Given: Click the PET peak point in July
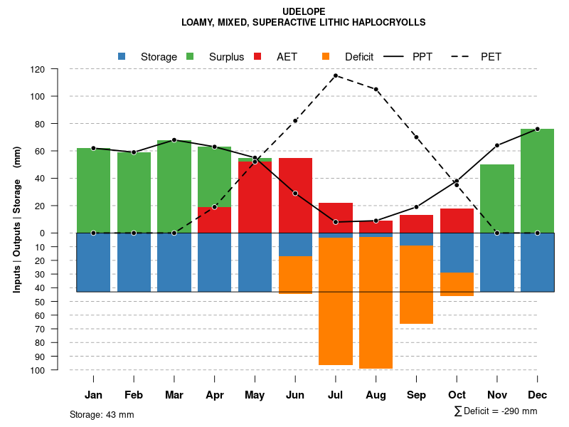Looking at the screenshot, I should pyautogui.click(x=336, y=75).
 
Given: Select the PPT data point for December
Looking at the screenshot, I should pyautogui.click(x=538, y=129).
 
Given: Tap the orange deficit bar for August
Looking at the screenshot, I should pyautogui.click(x=376, y=302).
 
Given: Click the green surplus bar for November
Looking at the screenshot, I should pyautogui.click(x=497, y=199).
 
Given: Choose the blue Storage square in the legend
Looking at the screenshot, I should pyautogui.click(x=122, y=56).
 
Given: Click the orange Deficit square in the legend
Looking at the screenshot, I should pyautogui.click(x=326, y=56).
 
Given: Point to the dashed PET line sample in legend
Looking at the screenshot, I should pyautogui.click(x=462, y=56).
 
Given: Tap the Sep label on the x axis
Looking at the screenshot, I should pyautogui.click(x=416, y=395).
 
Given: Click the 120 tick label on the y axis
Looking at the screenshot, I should pyautogui.click(x=38, y=70).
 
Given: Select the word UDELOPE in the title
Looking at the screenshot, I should pyautogui.click(x=303, y=12).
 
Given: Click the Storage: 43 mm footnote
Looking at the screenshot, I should pyautogui.click(x=102, y=414).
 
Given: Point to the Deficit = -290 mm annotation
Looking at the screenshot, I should pyautogui.click(x=496, y=411).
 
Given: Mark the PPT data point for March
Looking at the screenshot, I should pyautogui.click(x=174, y=140).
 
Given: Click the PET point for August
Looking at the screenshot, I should pyautogui.click(x=376, y=90).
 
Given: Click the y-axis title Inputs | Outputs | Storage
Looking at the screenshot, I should pyautogui.click(x=17, y=219).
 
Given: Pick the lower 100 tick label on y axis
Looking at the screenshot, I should pyautogui.click(x=38, y=370).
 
